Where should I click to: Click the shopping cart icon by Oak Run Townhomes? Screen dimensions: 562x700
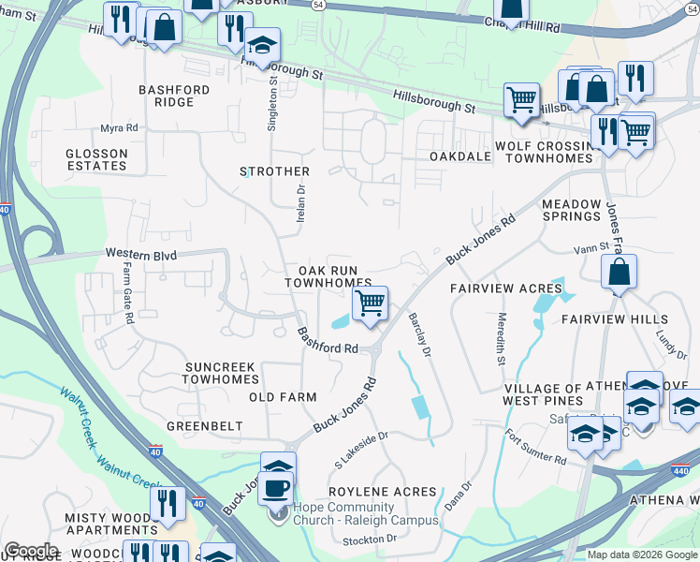(371, 303)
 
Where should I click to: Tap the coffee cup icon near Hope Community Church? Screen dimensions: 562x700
(275, 488)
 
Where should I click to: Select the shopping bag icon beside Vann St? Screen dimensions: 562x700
(619, 274)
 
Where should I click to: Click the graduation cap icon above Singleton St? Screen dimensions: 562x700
(263, 46)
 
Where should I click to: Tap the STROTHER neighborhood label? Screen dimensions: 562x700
(274, 171)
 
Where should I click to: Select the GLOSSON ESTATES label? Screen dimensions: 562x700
(96, 160)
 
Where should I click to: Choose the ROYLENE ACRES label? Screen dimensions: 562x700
(383, 491)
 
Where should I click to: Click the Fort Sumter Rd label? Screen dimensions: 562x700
(536, 448)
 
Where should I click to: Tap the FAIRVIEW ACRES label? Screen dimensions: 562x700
(505, 288)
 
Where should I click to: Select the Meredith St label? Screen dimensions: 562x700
(502, 339)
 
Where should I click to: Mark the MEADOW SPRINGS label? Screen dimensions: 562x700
(571, 210)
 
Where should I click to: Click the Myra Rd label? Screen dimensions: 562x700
(120, 127)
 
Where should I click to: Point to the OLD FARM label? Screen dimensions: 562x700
(283, 397)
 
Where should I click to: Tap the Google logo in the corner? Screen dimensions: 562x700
(31, 551)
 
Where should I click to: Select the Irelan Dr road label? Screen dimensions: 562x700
(301, 201)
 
